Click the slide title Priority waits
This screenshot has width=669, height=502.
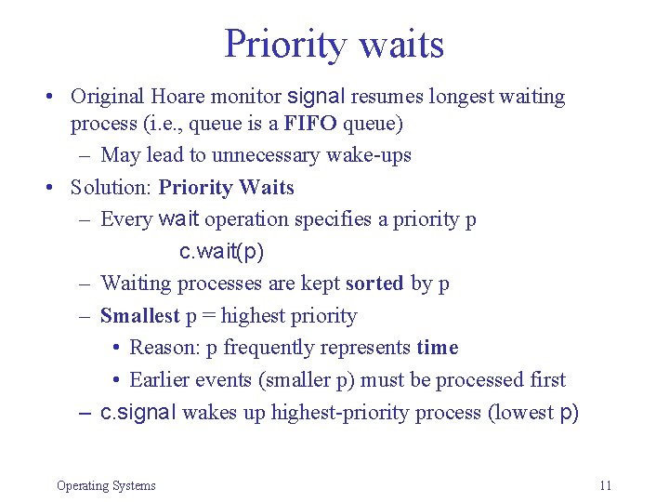(334, 45)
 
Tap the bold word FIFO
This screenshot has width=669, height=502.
(311, 124)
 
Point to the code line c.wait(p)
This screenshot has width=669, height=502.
(221, 251)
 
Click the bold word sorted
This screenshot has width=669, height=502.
(374, 284)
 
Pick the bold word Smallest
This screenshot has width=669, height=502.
(139, 316)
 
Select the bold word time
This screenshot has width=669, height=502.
(438, 348)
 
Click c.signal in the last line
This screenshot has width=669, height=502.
(138, 412)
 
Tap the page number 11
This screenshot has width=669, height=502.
(606, 485)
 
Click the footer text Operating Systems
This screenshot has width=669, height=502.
(106, 485)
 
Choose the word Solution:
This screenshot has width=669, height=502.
(111, 188)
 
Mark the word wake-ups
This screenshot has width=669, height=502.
(368, 155)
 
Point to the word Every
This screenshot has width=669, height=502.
(126, 219)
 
